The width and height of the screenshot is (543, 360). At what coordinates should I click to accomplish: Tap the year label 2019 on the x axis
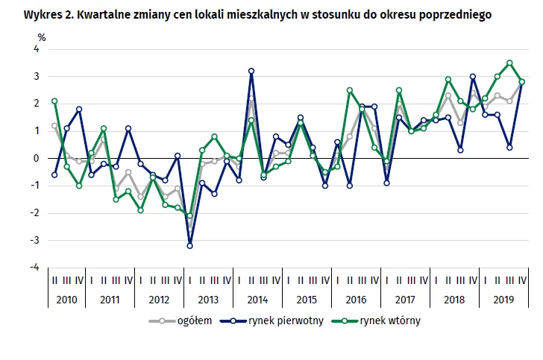pos(503,299)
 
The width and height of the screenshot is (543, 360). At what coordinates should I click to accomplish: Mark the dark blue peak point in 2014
pos(251,71)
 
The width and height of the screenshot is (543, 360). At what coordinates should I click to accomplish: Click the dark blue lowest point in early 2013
pos(190,245)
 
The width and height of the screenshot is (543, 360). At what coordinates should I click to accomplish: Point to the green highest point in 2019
pos(509,63)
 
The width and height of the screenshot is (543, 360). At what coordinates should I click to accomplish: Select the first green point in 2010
pos(54,101)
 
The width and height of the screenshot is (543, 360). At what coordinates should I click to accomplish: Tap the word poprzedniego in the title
pos(459,14)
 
